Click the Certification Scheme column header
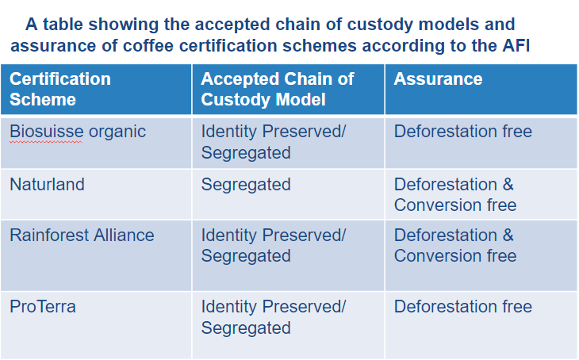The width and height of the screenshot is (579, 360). tap(60, 89)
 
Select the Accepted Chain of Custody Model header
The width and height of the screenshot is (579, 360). tap(278, 89)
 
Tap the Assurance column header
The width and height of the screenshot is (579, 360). tap(438, 79)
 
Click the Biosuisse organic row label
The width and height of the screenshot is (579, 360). tap(78, 132)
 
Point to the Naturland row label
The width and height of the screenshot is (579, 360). tap(47, 184)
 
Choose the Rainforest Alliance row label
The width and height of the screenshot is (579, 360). tap(82, 236)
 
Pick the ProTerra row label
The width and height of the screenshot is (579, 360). tap(43, 306)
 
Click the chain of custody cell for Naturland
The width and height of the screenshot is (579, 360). tap(246, 185)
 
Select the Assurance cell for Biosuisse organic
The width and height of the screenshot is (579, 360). tap(463, 132)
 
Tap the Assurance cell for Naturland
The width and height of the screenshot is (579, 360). tap(455, 194)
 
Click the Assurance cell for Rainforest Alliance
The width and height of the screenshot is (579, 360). tap(455, 246)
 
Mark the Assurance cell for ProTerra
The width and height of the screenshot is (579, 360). tap(463, 306)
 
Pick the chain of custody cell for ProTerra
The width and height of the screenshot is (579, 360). tap(274, 317)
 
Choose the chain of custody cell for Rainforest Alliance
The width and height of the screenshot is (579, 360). tap(274, 246)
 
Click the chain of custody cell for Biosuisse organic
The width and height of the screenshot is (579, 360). tap(274, 142)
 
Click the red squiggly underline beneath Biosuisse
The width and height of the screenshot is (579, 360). tap(46, 141)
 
